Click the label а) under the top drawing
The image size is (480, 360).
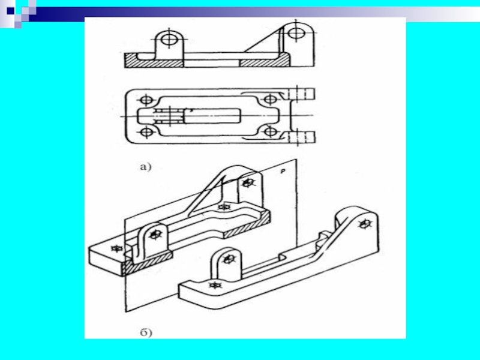146,167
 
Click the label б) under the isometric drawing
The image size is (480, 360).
146,332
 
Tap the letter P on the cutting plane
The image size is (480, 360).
283,172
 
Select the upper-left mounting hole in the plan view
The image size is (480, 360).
146,100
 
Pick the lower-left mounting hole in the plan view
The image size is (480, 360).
146,132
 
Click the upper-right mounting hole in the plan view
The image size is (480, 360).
270,100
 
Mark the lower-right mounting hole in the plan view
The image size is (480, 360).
271,132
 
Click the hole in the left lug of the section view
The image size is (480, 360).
169,40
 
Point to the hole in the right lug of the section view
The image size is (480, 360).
296,32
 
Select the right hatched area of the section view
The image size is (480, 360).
265,61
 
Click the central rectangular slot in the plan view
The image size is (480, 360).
212,116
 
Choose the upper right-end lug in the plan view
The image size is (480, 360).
302,94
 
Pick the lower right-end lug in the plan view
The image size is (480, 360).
302,137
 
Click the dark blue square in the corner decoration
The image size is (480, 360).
10,11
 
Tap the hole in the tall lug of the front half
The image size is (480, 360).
364,224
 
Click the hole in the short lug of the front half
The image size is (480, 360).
228,260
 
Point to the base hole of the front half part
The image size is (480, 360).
215,285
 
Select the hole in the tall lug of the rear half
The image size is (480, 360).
248,183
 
